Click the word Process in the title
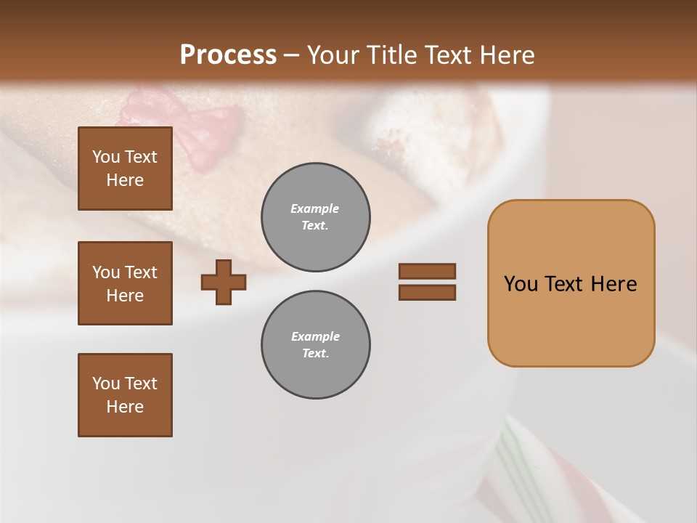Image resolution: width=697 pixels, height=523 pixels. [228, 54]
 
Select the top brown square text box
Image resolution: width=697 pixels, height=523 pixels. [125, 169]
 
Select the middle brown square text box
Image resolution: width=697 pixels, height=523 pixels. [125, 283]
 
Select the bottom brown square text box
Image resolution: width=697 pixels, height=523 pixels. [125, 395]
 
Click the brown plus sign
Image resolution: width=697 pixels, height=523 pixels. [224, 282]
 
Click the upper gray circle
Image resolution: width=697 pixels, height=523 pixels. [315, 216]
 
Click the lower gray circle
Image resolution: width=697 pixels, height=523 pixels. [315, 345]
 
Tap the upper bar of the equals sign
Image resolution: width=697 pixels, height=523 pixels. [427, 271]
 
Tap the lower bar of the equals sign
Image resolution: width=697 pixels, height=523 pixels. [427, 293]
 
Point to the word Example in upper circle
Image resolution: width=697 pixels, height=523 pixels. [314, 208]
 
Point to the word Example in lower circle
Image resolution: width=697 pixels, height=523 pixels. [315, 336]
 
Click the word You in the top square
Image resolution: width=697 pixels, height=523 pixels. [106, 157]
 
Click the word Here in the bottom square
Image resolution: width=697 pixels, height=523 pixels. [125, 407]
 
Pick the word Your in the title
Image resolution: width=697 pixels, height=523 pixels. [333, 54]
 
